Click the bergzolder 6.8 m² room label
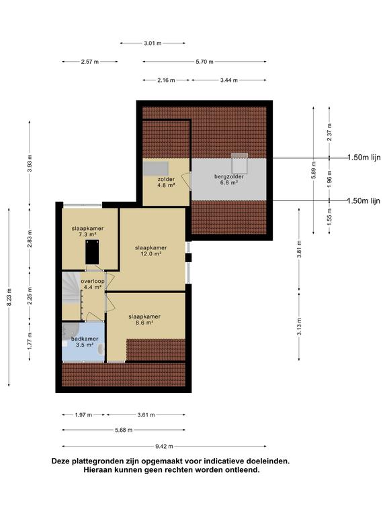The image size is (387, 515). [229, 179]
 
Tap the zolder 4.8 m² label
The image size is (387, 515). [166, 182]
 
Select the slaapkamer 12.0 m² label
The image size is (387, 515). [150, 251]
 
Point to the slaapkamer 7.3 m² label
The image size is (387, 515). [87, 231]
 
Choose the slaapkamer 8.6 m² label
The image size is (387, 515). [144, 320]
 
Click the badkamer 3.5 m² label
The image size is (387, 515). [85, 341]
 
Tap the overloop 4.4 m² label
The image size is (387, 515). [93, 284]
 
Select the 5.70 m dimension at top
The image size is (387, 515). [204, 62]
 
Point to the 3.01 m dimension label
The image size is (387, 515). [153, 43]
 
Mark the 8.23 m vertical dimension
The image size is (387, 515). [9, 297]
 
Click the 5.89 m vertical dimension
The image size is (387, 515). [314, 170]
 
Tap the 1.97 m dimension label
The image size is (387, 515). [83, 415]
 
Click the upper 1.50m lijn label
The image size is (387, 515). [364, 158]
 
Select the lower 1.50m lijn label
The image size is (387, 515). [364, 201]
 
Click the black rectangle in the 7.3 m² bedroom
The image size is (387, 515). [92, 252]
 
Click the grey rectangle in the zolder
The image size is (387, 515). [155, 168]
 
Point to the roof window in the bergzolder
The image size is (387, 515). [239, 163]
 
